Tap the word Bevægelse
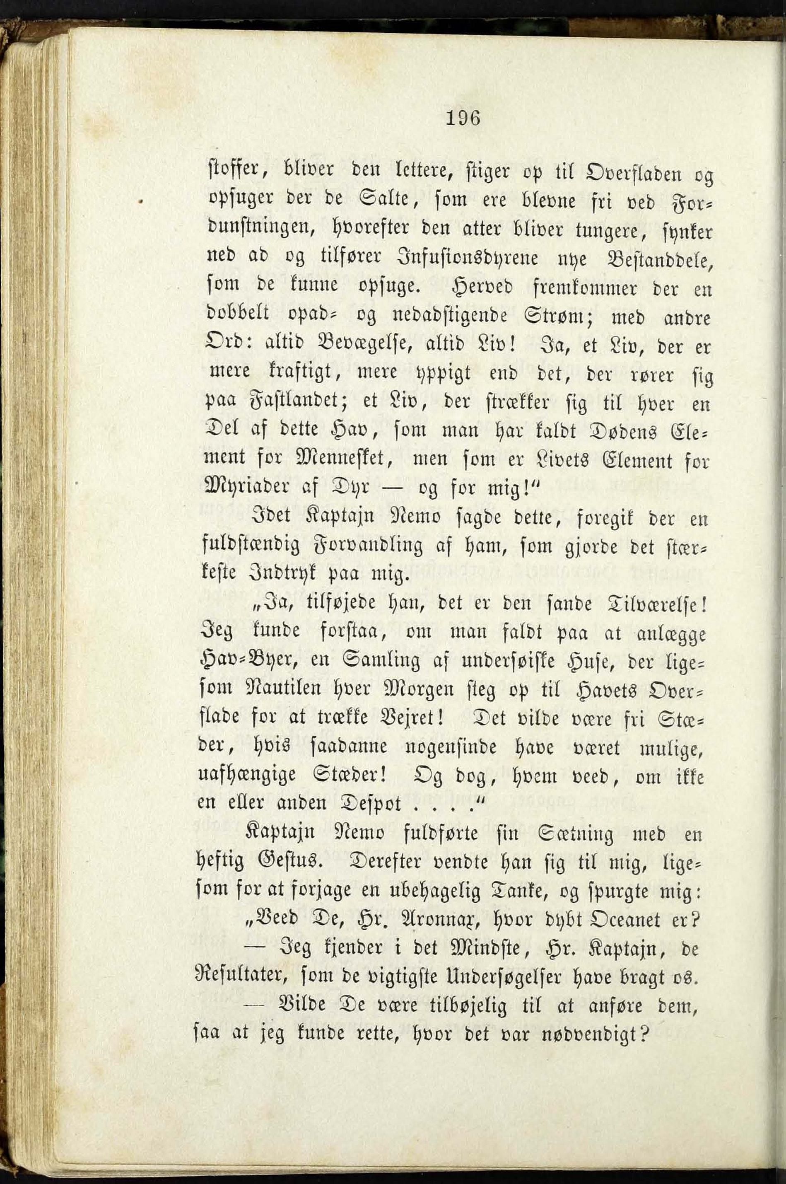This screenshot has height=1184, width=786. (374, 346)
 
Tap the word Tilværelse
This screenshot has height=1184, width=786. (656, 605)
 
